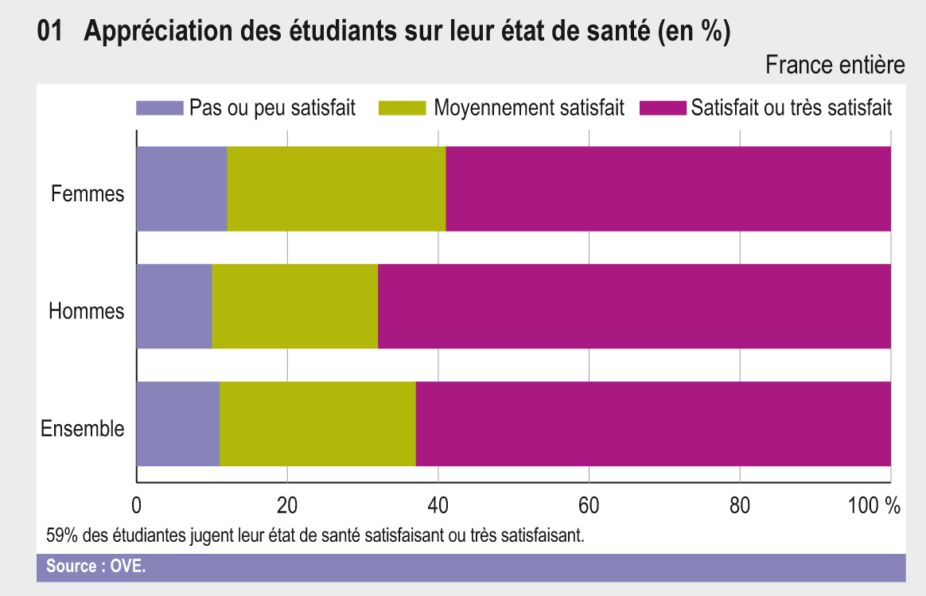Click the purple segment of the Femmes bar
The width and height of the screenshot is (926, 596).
tap(181, 189)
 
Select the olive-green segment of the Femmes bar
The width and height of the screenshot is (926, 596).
tap(337, 189)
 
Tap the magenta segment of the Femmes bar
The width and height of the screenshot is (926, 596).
tap(668, 189)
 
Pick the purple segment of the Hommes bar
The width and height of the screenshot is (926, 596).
tap(174, 306)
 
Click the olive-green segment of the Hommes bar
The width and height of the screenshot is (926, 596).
tap(295, 306)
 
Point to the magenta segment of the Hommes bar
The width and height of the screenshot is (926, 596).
tap(634, 306)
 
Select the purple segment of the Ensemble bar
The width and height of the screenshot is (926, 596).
tap(177, 423)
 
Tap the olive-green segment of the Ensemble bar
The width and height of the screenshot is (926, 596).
tap(317, 423)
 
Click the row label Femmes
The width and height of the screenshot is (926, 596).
tap(88, 193)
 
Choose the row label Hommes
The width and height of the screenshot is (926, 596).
tap(87, 311)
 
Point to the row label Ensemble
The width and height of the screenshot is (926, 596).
tap(83, 429)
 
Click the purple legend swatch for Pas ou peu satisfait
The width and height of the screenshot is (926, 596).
tap(159, 108)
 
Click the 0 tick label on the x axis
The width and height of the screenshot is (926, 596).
tap(136, 506)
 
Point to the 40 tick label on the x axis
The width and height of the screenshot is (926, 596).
tap(438, 506)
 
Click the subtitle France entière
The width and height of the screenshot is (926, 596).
tap(835, 65)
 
